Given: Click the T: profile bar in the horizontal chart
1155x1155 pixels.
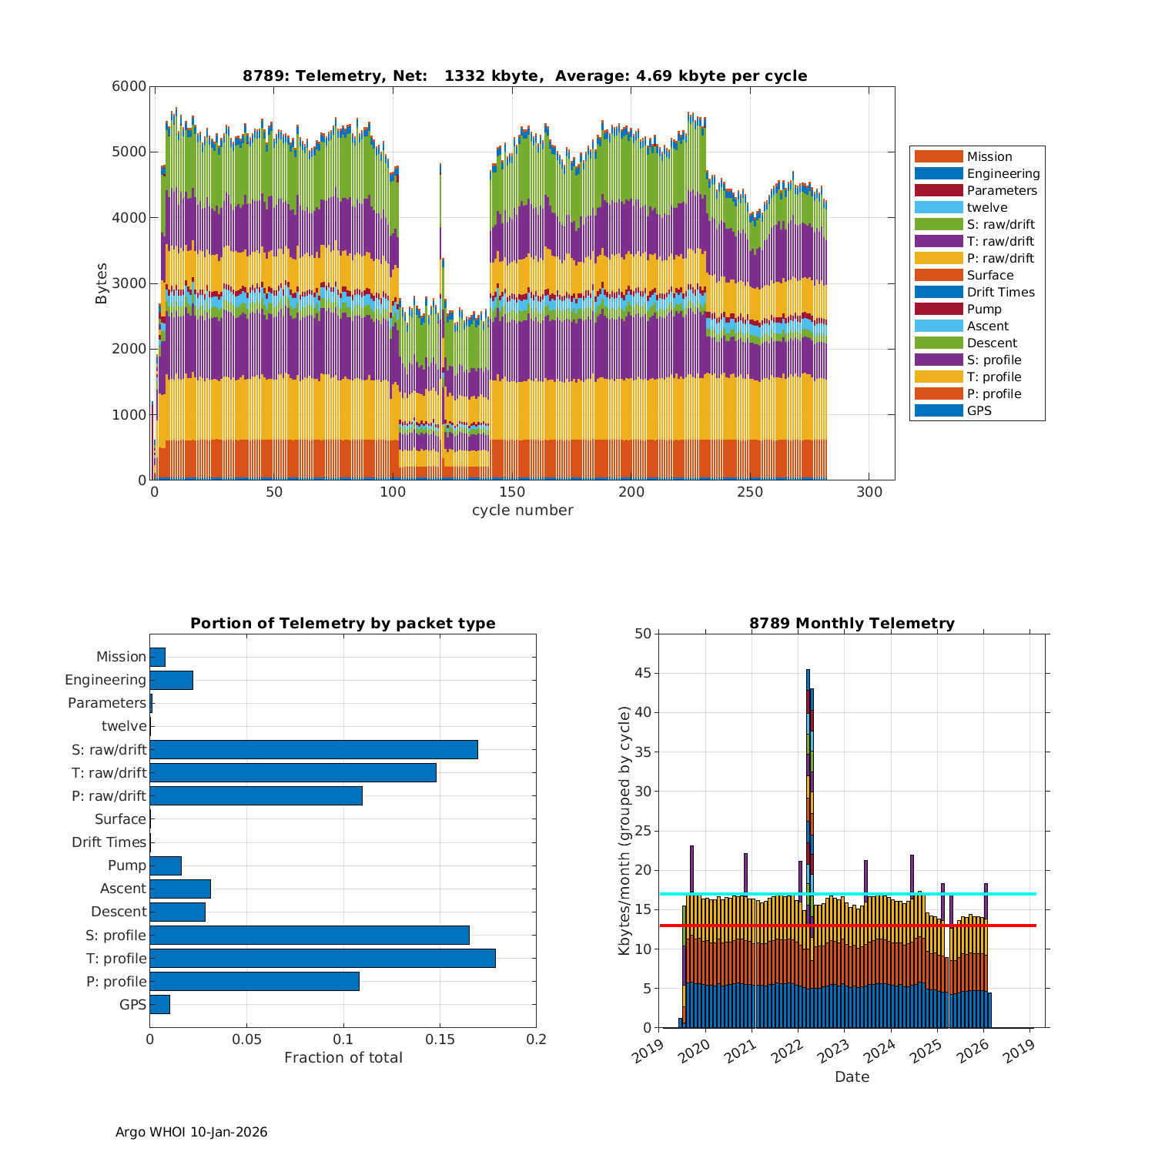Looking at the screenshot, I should tap(322, 958).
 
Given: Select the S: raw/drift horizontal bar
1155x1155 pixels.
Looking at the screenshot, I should tap(313, 749).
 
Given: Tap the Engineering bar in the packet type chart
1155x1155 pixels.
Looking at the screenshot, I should tap(171, 680).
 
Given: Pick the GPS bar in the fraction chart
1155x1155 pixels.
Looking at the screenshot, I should tap(159, 1004).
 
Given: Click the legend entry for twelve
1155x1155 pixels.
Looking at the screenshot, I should tap(986, 208).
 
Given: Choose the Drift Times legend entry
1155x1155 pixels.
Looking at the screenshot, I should tap(1000, 293).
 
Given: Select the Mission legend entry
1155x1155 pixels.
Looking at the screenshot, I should tap(989, 157).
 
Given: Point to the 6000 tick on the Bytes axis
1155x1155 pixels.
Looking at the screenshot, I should tap(129, 86).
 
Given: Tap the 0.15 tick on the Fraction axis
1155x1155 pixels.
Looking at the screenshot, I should tap(440, 1039).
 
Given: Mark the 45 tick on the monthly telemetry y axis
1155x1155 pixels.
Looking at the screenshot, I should tap(642, 673).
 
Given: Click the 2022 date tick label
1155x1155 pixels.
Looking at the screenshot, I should tap(788, 1048).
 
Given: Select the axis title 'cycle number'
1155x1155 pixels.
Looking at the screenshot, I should tap(522, 511).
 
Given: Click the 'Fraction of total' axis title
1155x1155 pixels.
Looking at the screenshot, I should tap(343, 1058).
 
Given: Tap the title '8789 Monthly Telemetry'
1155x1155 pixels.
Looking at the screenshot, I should tap(852, 624).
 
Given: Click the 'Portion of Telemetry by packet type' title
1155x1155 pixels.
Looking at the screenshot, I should tap(343, 624).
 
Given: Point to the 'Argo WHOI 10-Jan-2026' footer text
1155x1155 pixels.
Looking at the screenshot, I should tap(191, 1132).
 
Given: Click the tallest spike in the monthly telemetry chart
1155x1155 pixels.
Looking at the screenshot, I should tap(808, 770).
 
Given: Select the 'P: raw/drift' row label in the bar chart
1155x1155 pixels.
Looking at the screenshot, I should tap(109, 796).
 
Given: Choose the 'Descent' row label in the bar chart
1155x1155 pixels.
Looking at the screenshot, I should tap(119, 912).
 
